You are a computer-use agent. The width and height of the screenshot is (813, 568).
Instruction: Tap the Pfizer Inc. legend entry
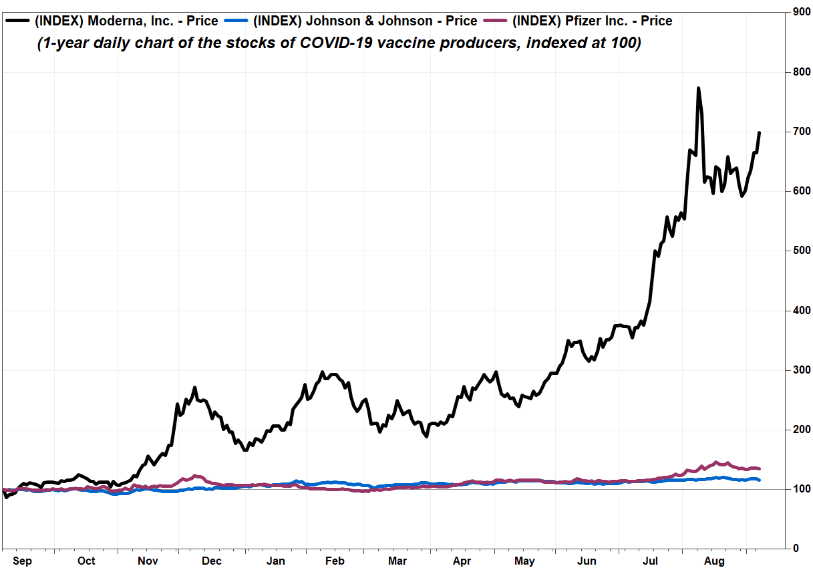[592, 21]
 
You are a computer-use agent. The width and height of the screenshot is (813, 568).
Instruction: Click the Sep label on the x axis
[23, 561]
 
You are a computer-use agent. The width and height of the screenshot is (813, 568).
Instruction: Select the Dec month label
[212, 561]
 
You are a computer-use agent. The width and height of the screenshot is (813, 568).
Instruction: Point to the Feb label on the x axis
[335, 561]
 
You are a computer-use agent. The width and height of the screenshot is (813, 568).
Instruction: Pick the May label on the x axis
[525, 561]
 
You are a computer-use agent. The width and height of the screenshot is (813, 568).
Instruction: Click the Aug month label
[715, 561]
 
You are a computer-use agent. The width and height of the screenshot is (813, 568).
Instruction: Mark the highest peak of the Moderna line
[698, 88]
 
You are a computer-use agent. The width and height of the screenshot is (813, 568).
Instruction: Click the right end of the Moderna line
[760, 132]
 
